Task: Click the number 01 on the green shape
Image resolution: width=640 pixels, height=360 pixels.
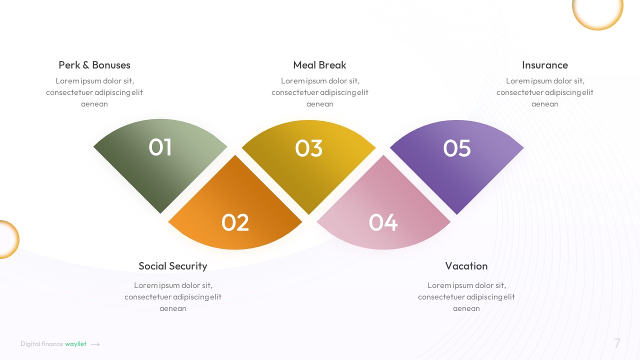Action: (160, 147)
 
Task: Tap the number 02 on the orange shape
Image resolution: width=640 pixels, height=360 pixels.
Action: (235, 222)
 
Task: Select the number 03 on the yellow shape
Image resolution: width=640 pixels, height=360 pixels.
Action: (308, 148)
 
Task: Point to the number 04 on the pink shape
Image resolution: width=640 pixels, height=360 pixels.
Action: (383, 222)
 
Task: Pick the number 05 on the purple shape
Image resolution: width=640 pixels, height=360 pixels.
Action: (457, 148)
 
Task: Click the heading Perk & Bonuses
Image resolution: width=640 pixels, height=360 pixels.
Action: (94, 65)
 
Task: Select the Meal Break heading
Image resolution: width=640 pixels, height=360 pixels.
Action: (319, 65)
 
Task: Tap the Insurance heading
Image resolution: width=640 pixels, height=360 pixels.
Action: (544, 65)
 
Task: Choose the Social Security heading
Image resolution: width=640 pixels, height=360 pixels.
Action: (172, 266)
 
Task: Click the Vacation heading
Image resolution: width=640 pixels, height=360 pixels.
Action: (466, 266)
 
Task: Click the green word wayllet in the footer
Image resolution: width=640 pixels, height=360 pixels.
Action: (75, 344)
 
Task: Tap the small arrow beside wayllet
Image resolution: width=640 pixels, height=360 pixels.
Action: (95, 344)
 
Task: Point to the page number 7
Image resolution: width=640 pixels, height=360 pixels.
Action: (617, 343)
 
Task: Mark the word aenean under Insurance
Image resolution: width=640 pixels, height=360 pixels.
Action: (544, 104)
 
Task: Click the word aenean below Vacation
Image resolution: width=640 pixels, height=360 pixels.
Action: (466, 308)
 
